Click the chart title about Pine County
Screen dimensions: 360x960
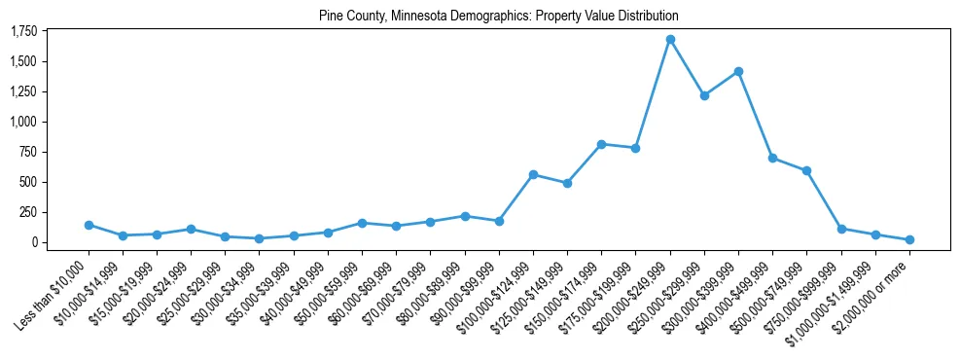(498, 17)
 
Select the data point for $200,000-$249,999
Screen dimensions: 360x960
(670, 39)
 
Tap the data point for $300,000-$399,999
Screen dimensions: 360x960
(738, 71)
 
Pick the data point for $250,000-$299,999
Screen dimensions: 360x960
(704, 95)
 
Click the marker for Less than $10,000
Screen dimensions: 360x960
(89, 225)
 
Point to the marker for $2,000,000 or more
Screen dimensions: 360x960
(909, 239)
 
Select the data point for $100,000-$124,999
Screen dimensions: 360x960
(533, 174)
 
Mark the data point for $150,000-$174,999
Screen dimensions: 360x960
(601, 144)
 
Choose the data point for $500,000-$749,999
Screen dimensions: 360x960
(806, 170)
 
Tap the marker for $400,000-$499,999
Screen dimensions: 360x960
(772, 158)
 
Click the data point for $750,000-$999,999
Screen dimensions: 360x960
(841, 229)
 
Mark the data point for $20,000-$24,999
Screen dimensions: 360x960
(191, 230)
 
